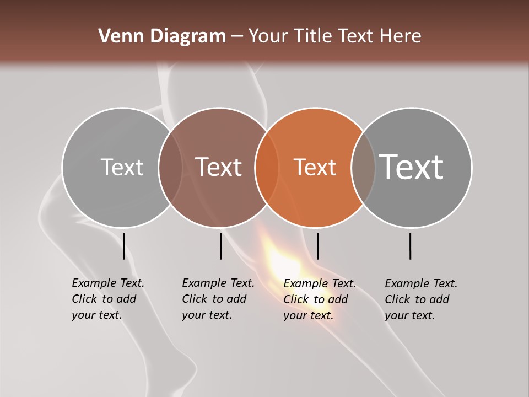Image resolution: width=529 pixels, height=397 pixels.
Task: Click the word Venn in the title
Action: pos(115,36)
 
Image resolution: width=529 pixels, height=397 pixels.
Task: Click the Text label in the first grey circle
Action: pos(122,167)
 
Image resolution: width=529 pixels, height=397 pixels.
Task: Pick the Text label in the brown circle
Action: pos(219,167)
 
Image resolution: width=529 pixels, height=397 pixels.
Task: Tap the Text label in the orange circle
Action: pos(315,167)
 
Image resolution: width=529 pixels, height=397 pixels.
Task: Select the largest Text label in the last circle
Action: pos(412,167)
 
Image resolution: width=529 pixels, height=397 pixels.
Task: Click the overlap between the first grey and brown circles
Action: pos(170,168)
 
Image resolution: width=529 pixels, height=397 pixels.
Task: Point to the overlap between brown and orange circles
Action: pos(267,168)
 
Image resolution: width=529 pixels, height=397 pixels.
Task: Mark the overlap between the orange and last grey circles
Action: pos(363,168)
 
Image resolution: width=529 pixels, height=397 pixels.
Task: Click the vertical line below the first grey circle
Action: pos(123,246)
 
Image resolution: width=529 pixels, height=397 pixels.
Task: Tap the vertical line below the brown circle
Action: pos(220,246)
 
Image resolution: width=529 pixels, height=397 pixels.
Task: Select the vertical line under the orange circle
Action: pos(317,246)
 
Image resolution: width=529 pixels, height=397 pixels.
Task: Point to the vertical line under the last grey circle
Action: pos(411,246)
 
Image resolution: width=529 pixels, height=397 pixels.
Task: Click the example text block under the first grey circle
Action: pos(108,299)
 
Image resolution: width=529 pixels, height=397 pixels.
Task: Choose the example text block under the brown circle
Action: pos(218,299)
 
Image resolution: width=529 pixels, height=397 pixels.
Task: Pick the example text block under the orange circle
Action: pos(320,299)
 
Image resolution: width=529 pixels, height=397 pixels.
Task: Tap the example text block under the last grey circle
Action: pos(421,299)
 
